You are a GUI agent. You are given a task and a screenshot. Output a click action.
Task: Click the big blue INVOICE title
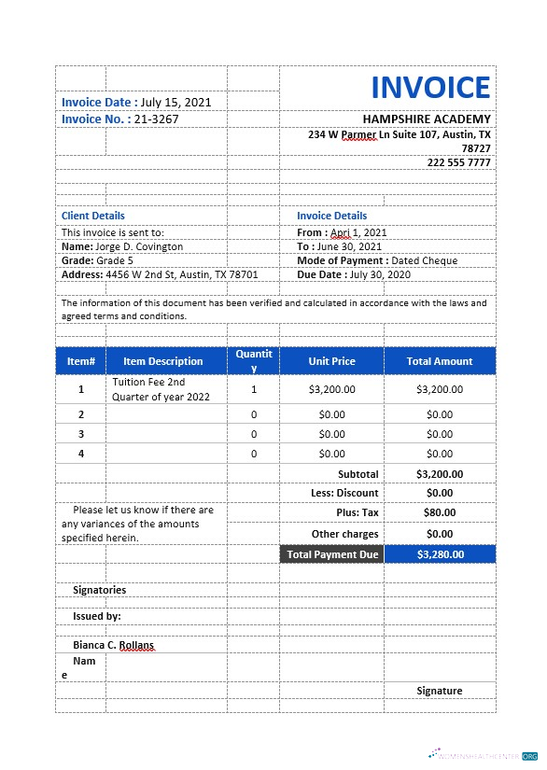[x=430, y=88]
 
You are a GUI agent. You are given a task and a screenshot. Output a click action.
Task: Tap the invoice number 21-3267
[x=156, y=119]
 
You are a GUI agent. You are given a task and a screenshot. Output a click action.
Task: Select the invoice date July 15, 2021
[x=175, y=102]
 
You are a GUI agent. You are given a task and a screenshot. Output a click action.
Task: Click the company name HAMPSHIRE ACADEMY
[x=426, y=119]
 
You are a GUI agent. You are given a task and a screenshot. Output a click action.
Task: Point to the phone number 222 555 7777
[x=458, y=162]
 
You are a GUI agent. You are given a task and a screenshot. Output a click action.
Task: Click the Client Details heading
[x=92, y=216]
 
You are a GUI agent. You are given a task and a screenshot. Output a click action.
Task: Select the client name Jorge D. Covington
[x=139, y=246]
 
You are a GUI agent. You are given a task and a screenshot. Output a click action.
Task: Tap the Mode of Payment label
[x=342, y=260]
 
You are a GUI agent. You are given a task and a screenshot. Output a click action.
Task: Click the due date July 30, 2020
[x=383, y=275]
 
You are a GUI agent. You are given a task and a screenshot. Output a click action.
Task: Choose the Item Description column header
[x=162, y=361]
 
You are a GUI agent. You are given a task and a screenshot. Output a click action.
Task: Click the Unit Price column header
[x=331, y=361]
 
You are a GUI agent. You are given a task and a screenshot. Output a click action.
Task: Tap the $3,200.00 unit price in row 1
[x=331, y=389]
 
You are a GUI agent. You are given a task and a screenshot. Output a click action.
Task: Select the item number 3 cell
[x=80, y=434]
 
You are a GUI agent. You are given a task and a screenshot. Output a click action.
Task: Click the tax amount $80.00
[x=440, y=512]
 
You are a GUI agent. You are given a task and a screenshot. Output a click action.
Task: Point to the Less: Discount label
[x=344, y=493]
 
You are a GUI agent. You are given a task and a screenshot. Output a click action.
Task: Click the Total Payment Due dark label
[x=332, y=554]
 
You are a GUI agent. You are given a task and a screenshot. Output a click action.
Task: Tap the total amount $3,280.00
[x=440, y=554]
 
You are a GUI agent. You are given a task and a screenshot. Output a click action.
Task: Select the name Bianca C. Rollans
[x=113, y=645]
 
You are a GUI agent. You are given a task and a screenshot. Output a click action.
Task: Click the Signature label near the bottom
[x=439, y=691]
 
